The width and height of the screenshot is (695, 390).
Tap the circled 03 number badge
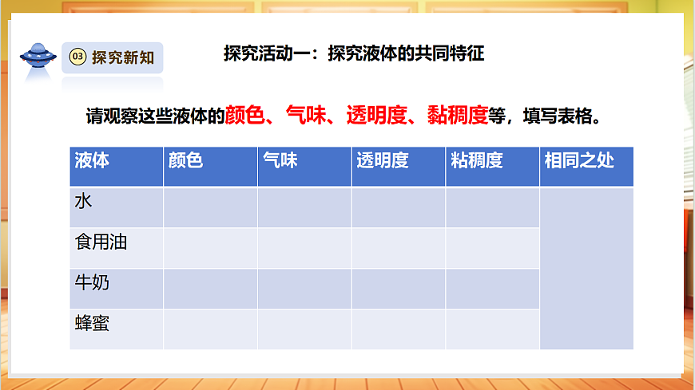pos(77,57)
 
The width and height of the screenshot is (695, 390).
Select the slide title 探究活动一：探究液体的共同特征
pos(354,55)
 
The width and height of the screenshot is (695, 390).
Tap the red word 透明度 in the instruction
pos(372,116)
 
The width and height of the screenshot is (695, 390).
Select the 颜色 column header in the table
pos(185,160)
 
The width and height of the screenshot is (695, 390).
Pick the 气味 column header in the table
pos(280,160)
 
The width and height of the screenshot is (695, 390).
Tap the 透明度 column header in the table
pos(382,160)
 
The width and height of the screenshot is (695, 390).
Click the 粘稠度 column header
pos(476,160)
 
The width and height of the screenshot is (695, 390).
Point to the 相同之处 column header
pos(579,160)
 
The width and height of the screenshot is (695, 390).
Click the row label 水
pos(83,202)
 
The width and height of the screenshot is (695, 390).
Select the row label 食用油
pos(101,242)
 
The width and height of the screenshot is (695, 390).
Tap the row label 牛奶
pos(91,283)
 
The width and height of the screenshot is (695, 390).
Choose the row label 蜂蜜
pos(91,324)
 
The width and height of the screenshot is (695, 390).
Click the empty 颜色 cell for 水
pos(210,207)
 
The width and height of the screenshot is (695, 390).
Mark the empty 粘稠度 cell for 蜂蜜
pos(492,329)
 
